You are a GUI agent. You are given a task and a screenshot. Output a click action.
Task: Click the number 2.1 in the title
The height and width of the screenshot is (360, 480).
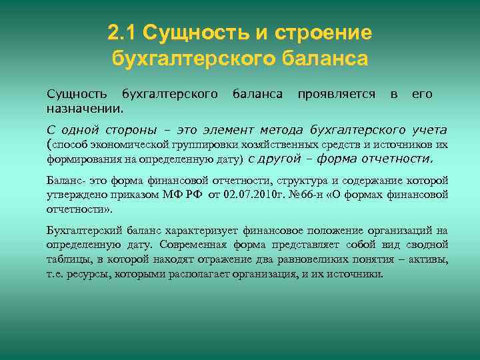121,32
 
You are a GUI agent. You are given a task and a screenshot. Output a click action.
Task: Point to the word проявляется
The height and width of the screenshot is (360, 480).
336,94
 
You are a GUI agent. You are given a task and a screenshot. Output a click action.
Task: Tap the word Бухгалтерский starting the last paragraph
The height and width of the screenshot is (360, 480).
82,231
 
